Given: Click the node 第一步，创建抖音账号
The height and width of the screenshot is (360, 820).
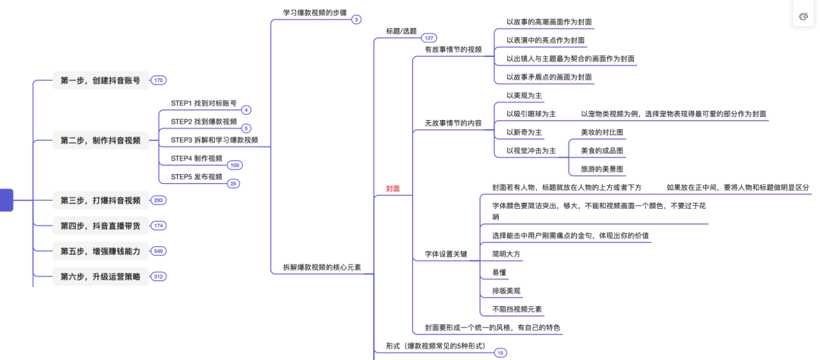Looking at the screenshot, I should coord(100,81).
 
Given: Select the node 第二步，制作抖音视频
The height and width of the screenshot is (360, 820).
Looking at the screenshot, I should coord(100,141).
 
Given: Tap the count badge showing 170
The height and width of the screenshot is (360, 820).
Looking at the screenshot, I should coord(158,81).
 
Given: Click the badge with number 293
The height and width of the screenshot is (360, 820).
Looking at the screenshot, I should coord(158,201).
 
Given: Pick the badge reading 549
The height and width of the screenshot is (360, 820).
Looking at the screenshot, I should coord(158,251).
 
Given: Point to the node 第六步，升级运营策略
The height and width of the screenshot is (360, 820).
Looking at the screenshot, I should coord(100,276).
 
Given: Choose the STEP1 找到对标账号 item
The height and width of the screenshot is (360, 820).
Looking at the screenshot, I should coord(203,103).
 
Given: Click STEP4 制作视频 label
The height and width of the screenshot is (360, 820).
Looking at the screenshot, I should coord(197,158).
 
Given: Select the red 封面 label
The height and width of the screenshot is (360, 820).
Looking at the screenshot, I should coord(393,188).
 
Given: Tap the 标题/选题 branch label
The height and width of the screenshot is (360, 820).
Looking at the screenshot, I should coord(401,30).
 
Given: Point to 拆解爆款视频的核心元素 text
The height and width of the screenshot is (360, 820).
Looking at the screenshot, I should coord(322,267).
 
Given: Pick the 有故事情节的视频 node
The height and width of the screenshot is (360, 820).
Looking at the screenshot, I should coord(453,49).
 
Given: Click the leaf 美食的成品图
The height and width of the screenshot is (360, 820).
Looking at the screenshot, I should coord(602,150).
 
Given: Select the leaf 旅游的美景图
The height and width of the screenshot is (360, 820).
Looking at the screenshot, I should coord(602,169).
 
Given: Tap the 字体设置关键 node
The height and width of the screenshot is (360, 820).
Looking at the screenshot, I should coord(446,254).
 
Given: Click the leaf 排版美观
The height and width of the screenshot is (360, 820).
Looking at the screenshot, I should coord(506,290).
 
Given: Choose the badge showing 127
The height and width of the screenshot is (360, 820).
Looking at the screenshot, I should coord(429,38).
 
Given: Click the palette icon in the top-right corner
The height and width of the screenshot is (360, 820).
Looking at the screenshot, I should coord(804,17).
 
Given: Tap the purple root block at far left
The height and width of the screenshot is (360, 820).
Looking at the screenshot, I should coord(6,201).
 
